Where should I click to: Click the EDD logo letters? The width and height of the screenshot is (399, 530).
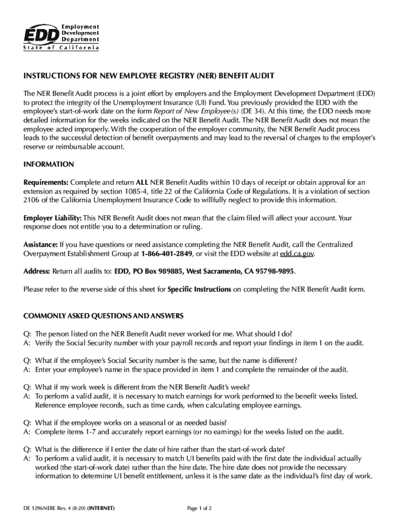(x=41, y=35)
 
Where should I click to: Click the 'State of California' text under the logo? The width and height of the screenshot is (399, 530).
(x=61, y=48)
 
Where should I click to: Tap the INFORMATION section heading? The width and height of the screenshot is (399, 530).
(x=49, y=165)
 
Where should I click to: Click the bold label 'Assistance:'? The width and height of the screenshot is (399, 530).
(x=40, y=245)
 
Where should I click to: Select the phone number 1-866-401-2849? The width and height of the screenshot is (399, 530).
(x=166, y=254)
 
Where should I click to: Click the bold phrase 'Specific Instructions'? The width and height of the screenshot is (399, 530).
(x=199, y=289)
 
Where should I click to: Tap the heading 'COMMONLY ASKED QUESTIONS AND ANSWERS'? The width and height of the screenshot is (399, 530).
(x=103, y=316)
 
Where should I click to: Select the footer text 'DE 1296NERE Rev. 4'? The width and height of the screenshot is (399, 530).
(x=49, y=508)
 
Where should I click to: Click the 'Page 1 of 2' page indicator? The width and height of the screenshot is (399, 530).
(x=199, y=508)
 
